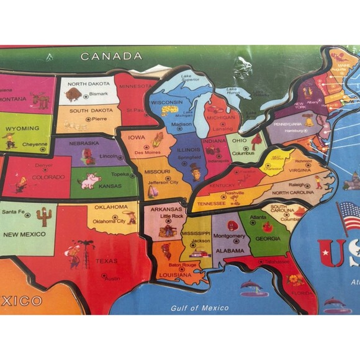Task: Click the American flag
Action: click(x=348, y=217)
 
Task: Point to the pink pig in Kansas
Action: click(x=90, y=181)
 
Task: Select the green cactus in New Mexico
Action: click(x=43, y=217)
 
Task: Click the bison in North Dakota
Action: click(x=73, y=94)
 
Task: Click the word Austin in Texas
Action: click(x=112, y=278)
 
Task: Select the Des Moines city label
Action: click(x=148, y=152)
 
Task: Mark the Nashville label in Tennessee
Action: click(x=235, y=193)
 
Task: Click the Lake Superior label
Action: click(x=189, y=78)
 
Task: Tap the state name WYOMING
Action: click(x=26, y=128)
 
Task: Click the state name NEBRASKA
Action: click(x=84, y=143)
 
